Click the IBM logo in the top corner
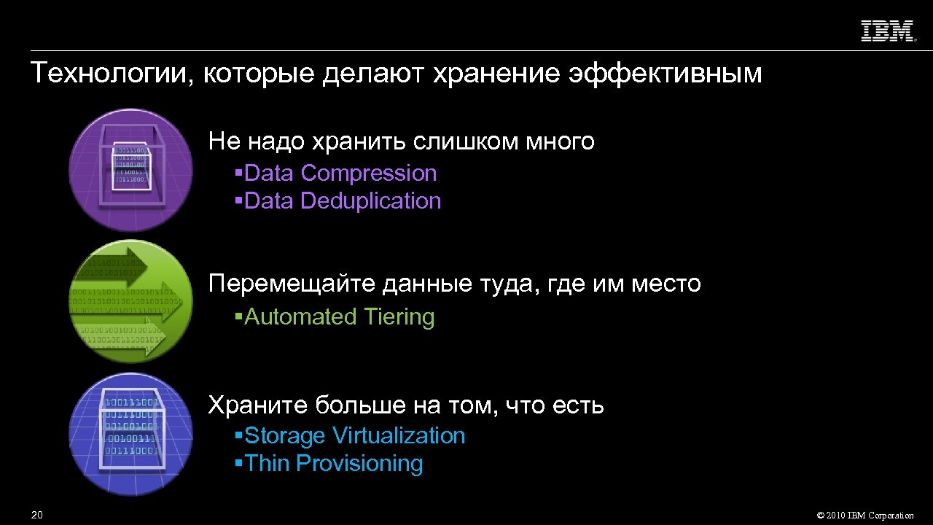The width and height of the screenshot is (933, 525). click(888, 31)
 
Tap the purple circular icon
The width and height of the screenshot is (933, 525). click(131, 170)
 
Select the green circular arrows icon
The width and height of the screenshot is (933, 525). click(131, 301)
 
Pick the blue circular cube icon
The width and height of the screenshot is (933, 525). click(131, 434)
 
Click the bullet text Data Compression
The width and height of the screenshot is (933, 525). click(340, 174)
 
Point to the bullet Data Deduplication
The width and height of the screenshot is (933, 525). click(343, 201)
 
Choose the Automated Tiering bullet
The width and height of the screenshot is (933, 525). click(339, 317)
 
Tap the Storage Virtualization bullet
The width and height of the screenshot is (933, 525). click(354, 436)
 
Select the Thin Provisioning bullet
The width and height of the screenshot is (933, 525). click(334, 464)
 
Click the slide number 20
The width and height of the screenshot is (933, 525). click(37, 516)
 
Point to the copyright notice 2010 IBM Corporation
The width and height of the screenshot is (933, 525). click(865, 516)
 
